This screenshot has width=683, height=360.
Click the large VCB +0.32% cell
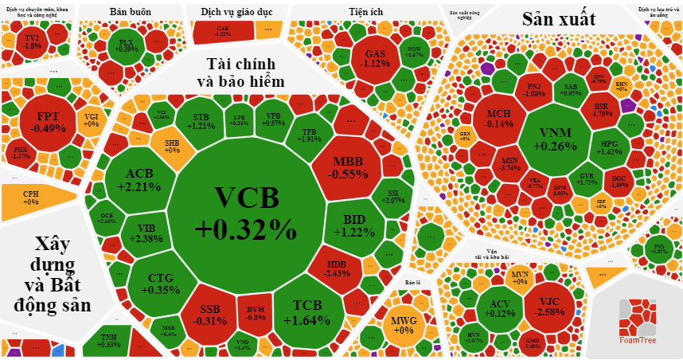click(245, 215)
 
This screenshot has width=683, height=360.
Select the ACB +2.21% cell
click(140, 180)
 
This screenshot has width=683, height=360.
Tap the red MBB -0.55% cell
click(347, 167)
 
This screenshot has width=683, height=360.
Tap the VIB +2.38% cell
click(145, 233)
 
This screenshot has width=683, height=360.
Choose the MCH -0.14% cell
click(499, 118)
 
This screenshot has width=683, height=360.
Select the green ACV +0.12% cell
click(500, 307)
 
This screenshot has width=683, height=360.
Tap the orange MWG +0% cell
click(404, 325)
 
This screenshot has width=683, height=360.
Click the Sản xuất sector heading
click(558, 20)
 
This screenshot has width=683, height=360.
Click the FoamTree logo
click(638, 323)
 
